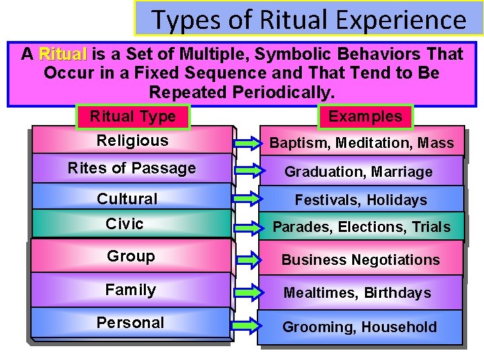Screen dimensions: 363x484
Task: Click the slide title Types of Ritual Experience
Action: (x=309, y=19)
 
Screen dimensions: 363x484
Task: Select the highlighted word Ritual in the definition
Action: (x=63, y=54)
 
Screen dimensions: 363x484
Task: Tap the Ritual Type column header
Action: (x=132, y=116)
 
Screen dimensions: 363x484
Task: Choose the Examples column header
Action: (x=365, y=116)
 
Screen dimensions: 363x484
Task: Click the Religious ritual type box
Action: (x=132, y=140)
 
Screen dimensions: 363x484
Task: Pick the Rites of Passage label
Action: (x=132, y=168)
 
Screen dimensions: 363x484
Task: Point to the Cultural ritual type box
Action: (x=127, y=198)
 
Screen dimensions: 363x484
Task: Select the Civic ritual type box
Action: (x=125, y=224)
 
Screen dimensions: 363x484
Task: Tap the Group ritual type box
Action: (x=130, y=256)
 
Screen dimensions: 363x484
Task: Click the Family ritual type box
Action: (x=130, y=290)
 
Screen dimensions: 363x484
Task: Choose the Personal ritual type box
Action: (x=130, y=323)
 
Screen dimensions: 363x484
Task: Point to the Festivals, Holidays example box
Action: (x=361, y=200)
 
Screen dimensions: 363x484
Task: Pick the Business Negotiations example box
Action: (x=360, y=259)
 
